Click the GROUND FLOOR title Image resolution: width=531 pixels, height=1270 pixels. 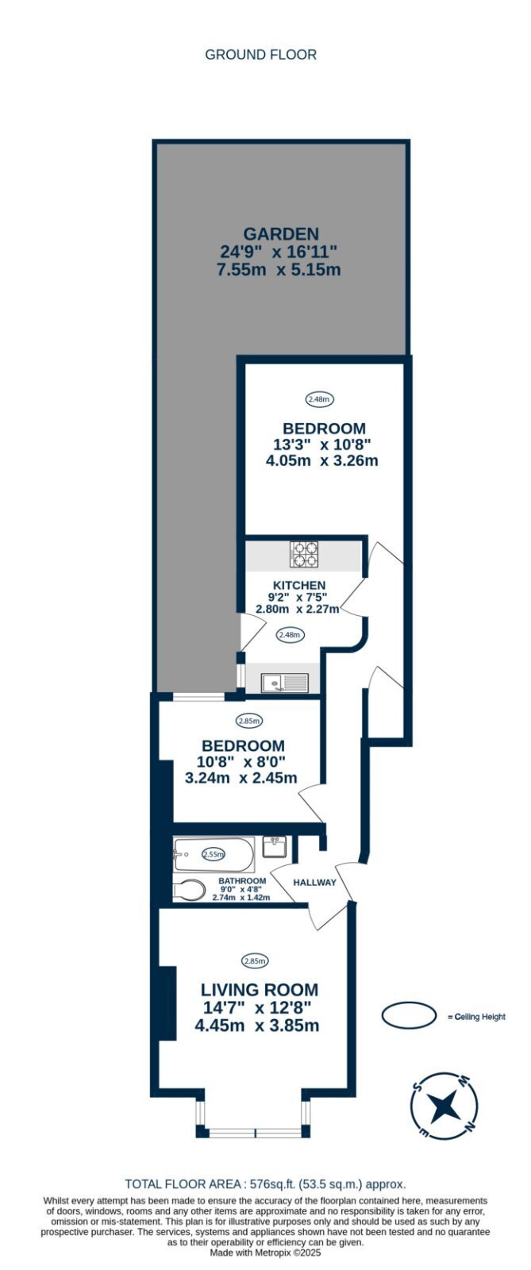coord(260,55)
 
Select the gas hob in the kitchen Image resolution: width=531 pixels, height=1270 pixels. coord(305,555)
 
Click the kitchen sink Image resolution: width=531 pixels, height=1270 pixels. coord(285,682)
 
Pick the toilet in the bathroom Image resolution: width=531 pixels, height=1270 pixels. coord(189,890)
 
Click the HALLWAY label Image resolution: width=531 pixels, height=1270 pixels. coord(314,882)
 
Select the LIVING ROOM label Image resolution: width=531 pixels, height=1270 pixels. coord(260,990)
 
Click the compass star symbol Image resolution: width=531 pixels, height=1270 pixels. coord(443,1106)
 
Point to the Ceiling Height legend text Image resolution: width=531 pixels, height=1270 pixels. coord(476,1017)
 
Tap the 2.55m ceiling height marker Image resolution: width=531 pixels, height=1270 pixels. coord(214,854)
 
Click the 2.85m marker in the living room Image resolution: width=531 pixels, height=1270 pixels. coord(255,960)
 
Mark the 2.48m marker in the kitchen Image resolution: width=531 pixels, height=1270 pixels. coord(289,635)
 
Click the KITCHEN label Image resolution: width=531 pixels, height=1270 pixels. coord(299,585)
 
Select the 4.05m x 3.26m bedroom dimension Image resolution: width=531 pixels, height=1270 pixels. coord(322,460)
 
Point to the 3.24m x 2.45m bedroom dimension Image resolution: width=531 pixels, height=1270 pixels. coord(240,778)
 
